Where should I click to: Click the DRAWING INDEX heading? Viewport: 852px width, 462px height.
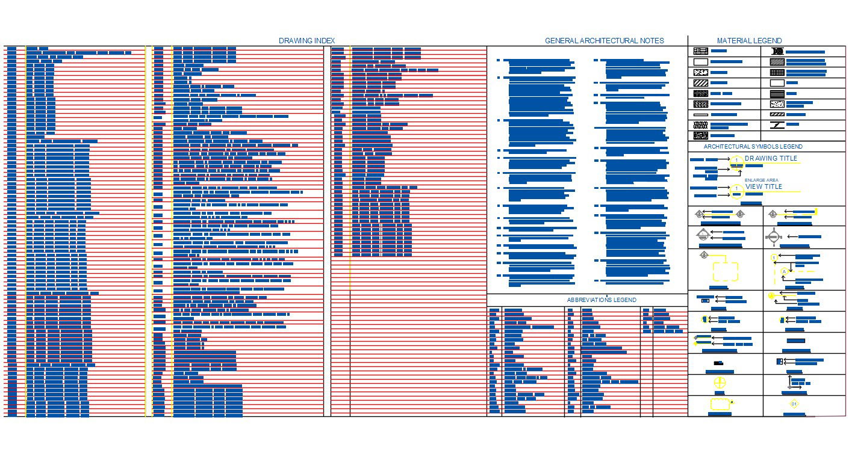point(306,41)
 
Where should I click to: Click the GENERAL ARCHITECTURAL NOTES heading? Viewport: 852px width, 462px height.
point(604,41)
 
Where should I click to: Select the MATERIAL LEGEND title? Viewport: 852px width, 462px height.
point(749,41)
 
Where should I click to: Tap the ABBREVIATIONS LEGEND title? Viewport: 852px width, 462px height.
point(601,300)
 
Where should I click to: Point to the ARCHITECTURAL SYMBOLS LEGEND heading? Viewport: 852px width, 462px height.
point(753,147)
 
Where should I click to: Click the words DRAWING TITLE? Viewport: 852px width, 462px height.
point(771,158)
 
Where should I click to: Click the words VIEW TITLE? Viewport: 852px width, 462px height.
point(763,186)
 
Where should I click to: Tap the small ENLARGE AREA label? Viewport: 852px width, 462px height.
point(761,180)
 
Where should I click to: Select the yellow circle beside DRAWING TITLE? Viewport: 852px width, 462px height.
point(736,161)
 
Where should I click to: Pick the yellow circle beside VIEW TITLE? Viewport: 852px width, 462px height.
point(736,189)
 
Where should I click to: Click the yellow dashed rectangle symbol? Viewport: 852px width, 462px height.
point(726,271)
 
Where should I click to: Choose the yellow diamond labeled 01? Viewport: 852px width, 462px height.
point(794,404)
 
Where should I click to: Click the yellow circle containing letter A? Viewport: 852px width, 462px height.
point(784,272)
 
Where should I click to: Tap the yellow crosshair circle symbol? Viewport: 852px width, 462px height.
point(720,383)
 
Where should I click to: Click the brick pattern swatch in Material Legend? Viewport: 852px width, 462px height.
point(700,51)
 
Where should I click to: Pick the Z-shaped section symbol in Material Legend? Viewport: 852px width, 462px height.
point(777,125)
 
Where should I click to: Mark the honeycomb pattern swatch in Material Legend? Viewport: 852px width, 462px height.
point(700,125)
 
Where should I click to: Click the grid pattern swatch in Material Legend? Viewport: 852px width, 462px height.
point(777,72)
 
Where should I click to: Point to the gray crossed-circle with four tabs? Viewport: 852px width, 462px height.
point(773,236)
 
